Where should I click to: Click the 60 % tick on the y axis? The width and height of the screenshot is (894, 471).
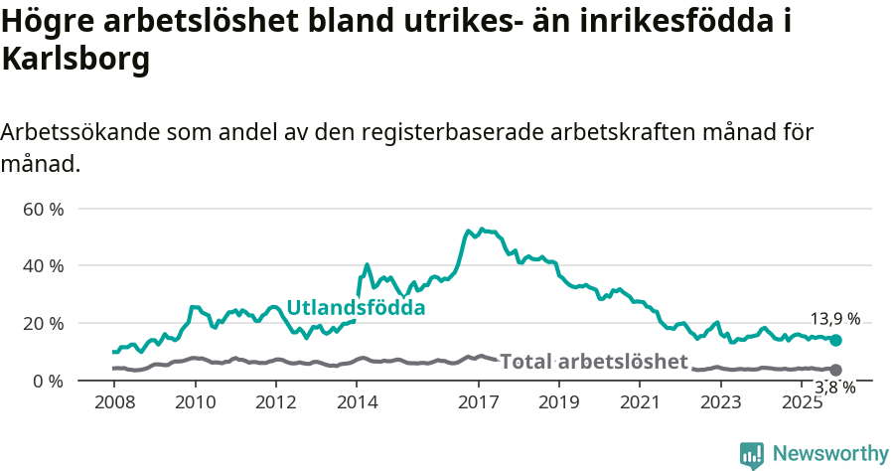(43, 210)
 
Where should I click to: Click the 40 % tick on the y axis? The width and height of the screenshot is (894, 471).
(43, 266)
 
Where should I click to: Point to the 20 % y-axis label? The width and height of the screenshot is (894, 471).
(43, 324)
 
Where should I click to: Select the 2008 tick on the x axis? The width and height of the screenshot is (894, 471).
(114, 402)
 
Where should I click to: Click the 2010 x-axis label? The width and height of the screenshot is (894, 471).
(195, 402)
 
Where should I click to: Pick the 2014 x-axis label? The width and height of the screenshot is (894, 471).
(357, 402)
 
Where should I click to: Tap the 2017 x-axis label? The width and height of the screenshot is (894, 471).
(478, 402)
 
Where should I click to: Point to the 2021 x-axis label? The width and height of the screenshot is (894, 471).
(640, 402)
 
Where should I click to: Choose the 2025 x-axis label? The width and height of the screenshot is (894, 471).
(802, 402)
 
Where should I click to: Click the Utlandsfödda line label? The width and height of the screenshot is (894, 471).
(356, 308)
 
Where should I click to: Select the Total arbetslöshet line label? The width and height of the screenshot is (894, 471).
(593, 361)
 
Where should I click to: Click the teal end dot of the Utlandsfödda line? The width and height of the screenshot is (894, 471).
(835, 341)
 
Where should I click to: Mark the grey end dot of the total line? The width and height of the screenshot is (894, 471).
(835, 370)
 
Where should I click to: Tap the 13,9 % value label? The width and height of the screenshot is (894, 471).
(835, 319)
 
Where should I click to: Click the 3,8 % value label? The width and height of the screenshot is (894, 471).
(835, 388)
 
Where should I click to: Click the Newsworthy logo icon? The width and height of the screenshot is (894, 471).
(752, 454)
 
